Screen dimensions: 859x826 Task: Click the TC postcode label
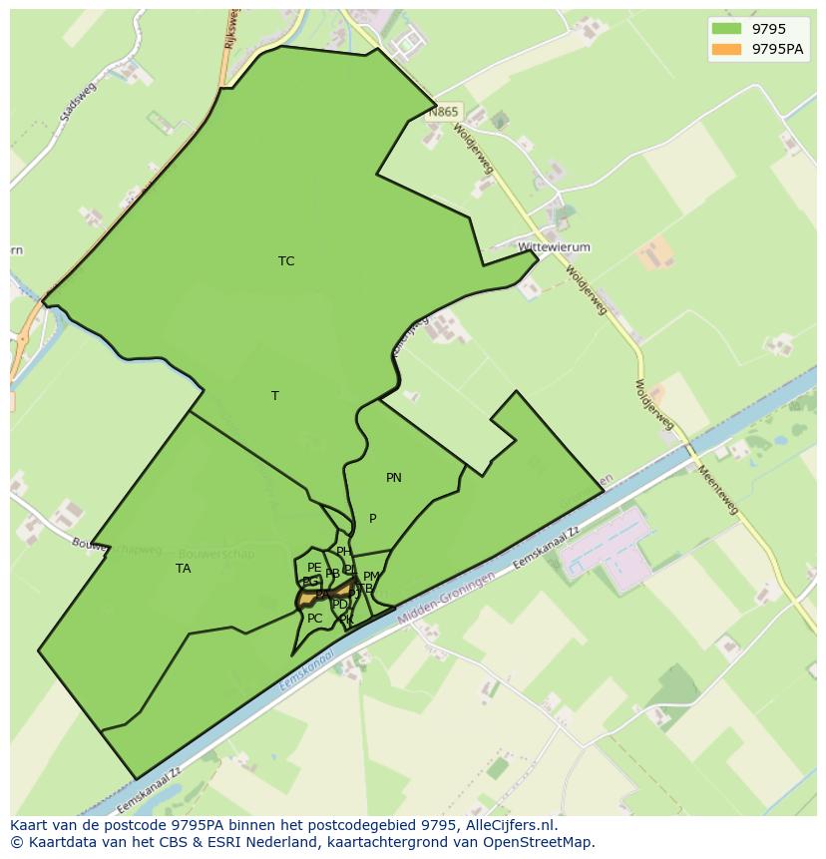(x=286, y=261)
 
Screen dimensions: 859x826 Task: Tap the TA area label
(x=183, y=569)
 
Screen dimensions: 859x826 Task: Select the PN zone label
(x=394, y=478)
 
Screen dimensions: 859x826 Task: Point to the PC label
(x=314, y=619)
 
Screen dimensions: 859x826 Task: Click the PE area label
(x=314, y=568)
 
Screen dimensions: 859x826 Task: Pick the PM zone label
(x=371, y=577)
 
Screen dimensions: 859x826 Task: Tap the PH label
(x=343, y=552)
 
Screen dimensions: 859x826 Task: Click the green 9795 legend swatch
(x=726, y=30)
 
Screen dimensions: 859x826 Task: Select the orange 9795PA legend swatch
(x=726, y=49)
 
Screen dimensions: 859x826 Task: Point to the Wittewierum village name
(x=555, y=247)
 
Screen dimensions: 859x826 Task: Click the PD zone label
(x=340, y=605)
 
